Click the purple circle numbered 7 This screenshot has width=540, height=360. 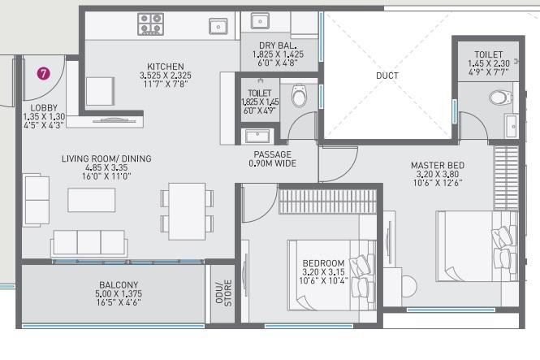click(x=44, y=73)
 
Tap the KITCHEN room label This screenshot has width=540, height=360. click(x=165, y=67)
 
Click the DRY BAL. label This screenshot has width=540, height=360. click(x=277, y=46)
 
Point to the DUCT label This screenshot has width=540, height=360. click(x=387, y=76)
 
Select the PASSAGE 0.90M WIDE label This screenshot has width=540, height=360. click(x=272, y=158)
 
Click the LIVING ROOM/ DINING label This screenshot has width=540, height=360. click(x=106, y=158)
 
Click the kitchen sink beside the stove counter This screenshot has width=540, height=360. click(x=218, y=27)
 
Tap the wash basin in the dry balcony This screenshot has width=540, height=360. click(x=261, y=20)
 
